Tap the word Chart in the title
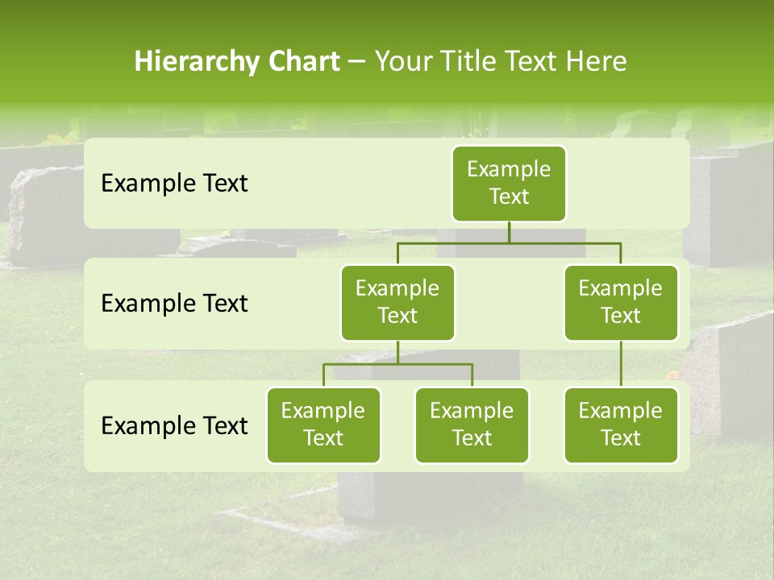point(303,62)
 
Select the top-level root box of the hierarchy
point(509,184)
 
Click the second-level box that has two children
point(397,303)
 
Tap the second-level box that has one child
point(621,303)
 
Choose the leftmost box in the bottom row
point(323,425)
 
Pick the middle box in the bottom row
point(472,425)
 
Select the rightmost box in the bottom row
point(621,425)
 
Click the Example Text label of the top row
point(174,184)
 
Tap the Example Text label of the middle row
point(174,304)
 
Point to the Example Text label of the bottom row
point(174,426)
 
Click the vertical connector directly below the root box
point(509,232)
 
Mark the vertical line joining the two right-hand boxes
point(621,364)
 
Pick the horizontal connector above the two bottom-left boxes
point(397,364)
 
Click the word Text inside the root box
point(509,197)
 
